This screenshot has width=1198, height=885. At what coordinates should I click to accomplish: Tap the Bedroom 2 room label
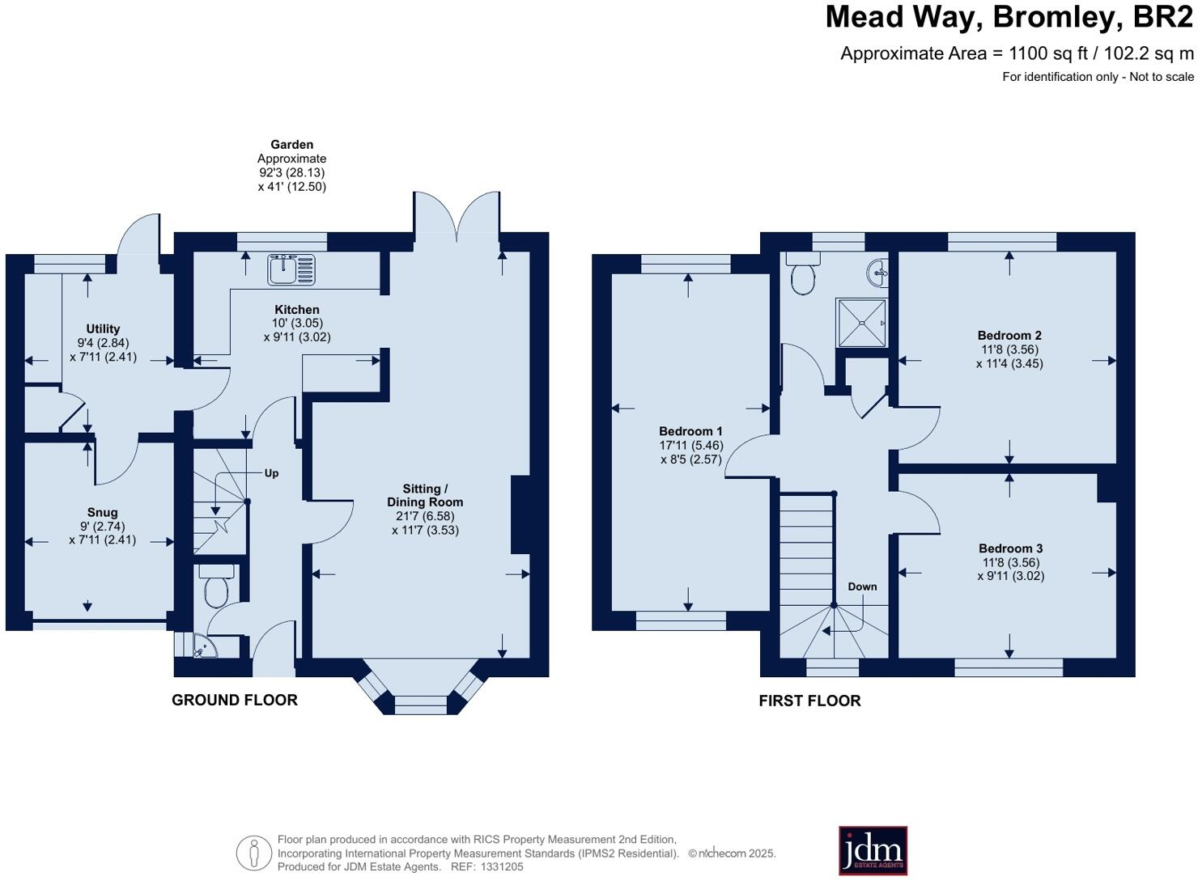[x=1009, y=336]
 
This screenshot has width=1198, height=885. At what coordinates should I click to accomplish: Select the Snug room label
[x=102, y=512]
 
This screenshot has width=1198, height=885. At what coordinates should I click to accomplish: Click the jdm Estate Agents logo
[x=873, y=850]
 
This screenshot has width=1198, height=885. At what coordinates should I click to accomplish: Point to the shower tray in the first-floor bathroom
[x=861, y=323]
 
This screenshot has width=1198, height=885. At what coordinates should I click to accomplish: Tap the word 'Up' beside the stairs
[x=271, y=473]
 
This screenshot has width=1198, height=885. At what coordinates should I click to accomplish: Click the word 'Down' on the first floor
[x=862, y=586]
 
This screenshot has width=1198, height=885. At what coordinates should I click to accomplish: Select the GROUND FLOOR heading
[x=235, y=701]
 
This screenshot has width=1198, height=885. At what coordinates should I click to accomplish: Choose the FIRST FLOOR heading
[x=809, y=701]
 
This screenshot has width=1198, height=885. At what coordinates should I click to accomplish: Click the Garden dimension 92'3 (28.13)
[x=291, y=172]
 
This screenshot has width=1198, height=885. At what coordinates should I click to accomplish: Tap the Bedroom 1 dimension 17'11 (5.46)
[x=690, y=446]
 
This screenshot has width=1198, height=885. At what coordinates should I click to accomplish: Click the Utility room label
[x=103, y=328]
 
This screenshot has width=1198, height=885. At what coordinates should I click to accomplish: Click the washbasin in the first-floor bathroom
[x=878, y=273]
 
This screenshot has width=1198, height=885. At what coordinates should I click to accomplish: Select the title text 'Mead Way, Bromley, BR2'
[x=1009, y=17]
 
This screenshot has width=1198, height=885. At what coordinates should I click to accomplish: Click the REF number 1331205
[x=503, y=866]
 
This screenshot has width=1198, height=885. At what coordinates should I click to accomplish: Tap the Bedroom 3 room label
[x=1010, y=548]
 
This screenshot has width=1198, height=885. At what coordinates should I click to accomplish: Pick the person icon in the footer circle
[x=253, y=853]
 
